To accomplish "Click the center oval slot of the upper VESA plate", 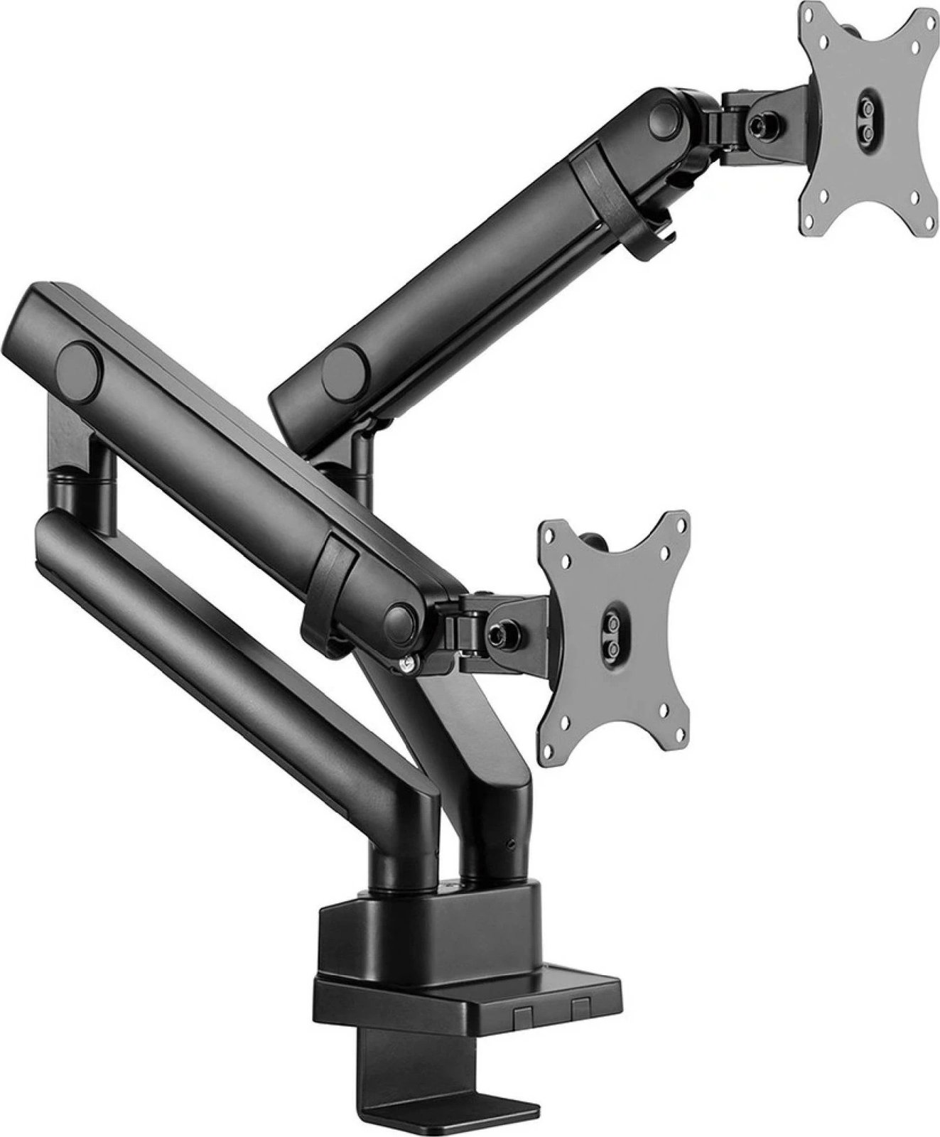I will (867, 112).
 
